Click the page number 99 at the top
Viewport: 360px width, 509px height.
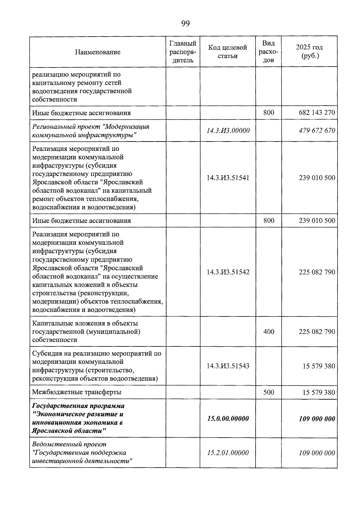tap(185, 24)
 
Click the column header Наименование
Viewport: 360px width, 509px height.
tap(97, 52)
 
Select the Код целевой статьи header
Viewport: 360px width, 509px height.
tap(227, 52)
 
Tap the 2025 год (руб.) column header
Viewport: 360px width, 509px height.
tap(309, 52)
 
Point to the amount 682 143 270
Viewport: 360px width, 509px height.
tap(317, 113)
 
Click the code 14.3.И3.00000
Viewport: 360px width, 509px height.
tap(228, 130)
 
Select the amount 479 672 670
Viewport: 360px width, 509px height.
tap(317, 130)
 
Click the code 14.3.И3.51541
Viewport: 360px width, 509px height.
tap(228, 178)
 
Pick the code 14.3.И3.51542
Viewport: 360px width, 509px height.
tap(228, 272)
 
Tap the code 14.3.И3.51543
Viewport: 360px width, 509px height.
tap(228, 366)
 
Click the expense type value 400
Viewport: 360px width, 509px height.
tap(268, 331)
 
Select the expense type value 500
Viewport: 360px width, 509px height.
tap(268, 392)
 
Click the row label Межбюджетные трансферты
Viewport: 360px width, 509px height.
tap(77, 392)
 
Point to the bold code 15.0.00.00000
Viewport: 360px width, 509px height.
tap(228, 419)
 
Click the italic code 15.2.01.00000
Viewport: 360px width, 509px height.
tap(228, 453)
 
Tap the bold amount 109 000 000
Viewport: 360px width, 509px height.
tap(317, 419)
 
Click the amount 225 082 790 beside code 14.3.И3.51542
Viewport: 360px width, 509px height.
tap(317, 272)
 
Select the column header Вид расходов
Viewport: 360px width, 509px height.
tap(268, 52)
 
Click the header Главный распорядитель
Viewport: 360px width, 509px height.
tap(183, 52)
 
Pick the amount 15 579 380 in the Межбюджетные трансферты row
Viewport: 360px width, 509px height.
tap(319, 392)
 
